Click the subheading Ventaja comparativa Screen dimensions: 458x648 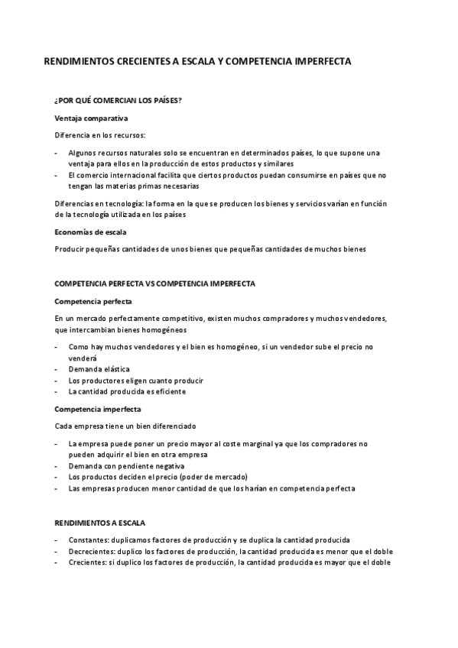tap(91, 118)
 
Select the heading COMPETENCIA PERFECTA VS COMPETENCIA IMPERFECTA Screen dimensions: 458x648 tap(155, 284)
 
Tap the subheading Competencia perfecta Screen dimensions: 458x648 tap(93, 301)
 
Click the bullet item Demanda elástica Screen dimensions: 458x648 tap(99, 369)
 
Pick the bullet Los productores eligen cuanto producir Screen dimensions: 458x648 tap(135, 381)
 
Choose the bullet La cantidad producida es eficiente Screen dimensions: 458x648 tap(126, 392)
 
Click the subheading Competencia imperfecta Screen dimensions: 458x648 tap(97, 409)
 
